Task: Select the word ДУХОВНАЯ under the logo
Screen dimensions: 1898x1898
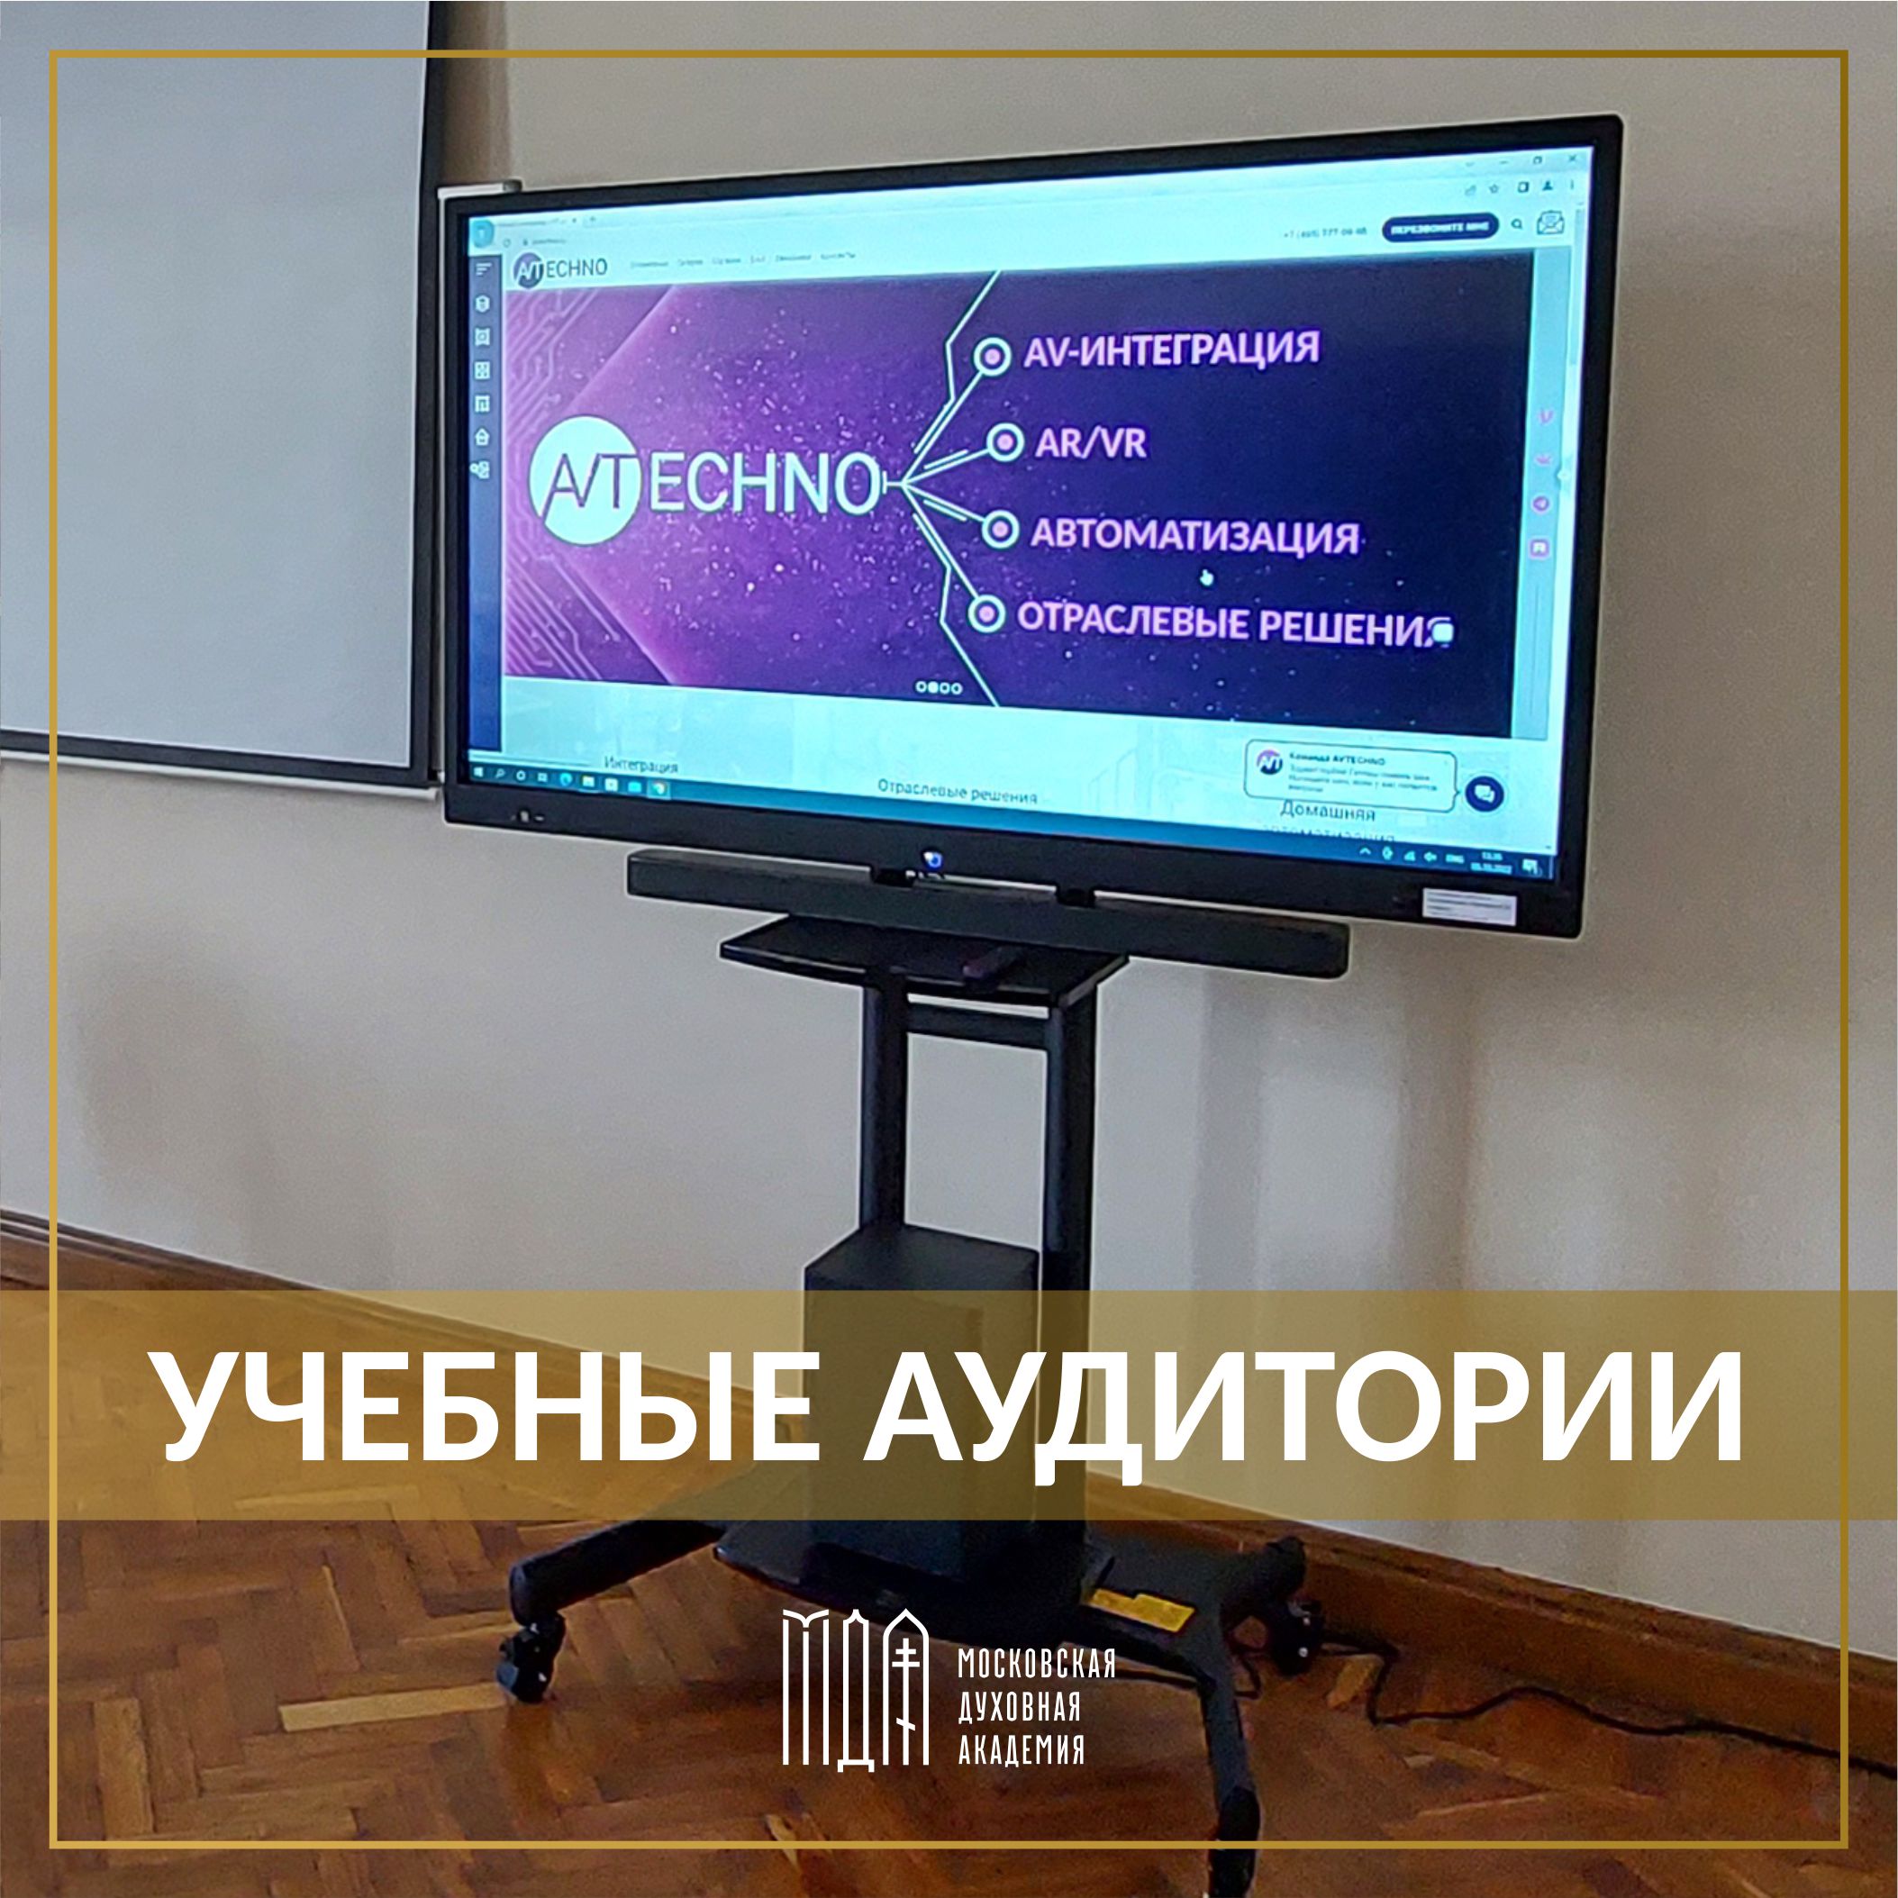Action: click(x=1019, y=1707)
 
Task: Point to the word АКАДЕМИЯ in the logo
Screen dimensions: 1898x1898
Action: click(x=1021, y=1749)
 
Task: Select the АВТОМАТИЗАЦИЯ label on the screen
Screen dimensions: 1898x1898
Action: click(x=1194, y=536)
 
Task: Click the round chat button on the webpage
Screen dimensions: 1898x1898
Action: click(x=1484, y=793)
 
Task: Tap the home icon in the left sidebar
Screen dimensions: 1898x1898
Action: click(x=482, y=436)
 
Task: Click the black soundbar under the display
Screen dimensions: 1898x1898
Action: click(x=986, y=906)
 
